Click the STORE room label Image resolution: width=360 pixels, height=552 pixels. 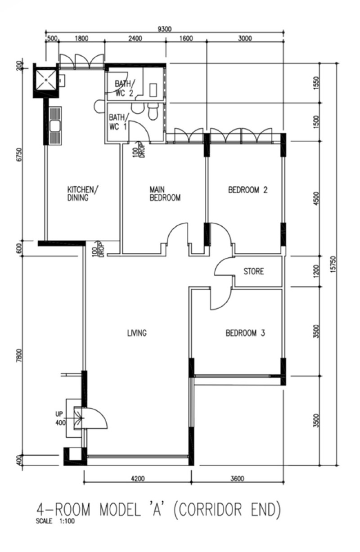tap(253, 271)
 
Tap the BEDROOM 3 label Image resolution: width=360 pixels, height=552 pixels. tap(245, 333)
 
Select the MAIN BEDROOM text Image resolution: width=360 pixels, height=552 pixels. tap(165, 194)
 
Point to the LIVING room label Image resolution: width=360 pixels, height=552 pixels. tap(137, 333)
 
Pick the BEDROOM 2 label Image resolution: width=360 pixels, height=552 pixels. tap(248, 190)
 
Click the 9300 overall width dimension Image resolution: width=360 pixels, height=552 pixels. tap(164, 29)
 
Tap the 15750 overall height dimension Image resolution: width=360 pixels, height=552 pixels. tap(333, 264)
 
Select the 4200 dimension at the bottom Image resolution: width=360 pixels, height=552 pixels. tap(138, 479)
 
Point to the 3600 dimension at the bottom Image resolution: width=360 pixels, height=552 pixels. tap(237, 479)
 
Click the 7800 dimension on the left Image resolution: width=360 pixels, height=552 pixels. tap(19, 355)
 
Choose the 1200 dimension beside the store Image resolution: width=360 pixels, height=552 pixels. tap(317, 271)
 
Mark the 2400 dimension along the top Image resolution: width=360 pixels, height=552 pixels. tap(135, 38)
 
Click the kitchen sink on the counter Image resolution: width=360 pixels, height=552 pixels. tap(55, 126)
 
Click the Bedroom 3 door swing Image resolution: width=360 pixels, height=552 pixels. tap(220, 298)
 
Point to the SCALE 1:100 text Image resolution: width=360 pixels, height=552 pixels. tap(55, 521)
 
